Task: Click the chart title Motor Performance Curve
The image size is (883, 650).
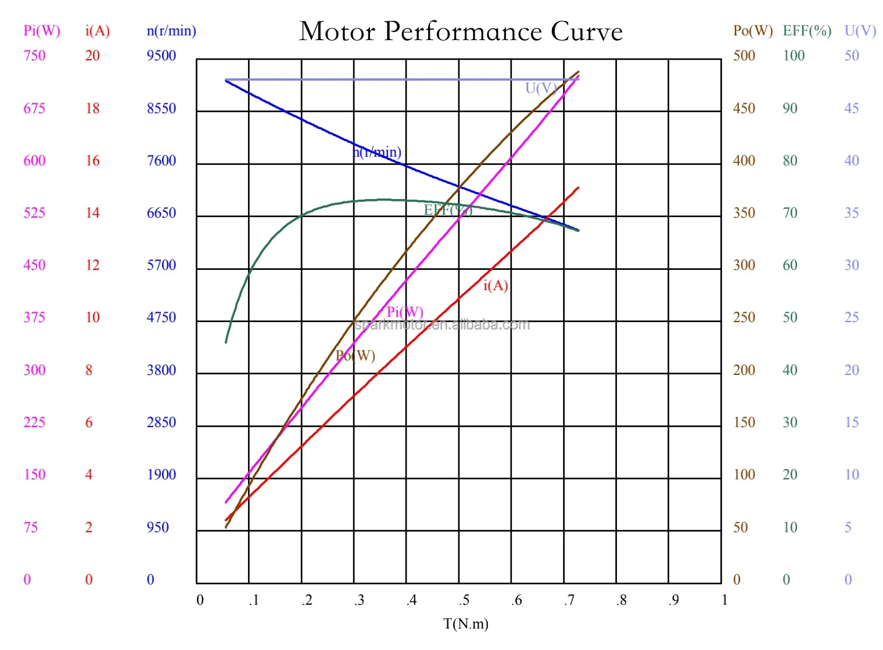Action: click(x=461, y=31)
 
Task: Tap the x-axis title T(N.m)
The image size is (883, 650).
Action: click(x=465, y=624)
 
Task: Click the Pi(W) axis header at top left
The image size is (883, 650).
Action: click(x=42, y=31)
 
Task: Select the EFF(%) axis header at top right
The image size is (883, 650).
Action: click(x=807, y=31)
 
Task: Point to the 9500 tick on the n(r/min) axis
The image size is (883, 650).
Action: click(x=161, y=56)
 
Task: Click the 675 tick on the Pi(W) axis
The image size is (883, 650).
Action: click(x=34, y=109)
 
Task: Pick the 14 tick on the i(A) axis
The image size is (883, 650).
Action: click(x=92, y=213)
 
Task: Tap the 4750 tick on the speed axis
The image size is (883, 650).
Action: click(x=161, y=317)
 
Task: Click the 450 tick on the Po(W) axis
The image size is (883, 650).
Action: click(x=744, y=109)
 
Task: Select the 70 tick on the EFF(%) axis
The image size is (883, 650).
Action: click(x=790, y=213)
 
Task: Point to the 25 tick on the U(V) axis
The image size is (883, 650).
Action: click(x=852, y=317)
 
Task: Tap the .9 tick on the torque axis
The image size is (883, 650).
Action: click(x=673, y=600)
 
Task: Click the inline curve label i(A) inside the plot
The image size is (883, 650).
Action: click(x=496, y=286)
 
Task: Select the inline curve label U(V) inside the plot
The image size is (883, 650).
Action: click(x=541, y=88)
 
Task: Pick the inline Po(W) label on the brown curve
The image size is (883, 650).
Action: click(x=356, y=356)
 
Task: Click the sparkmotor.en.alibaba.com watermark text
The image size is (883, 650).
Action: click(x=442, y=324)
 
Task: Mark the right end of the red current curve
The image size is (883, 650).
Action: click(x=579, y=187)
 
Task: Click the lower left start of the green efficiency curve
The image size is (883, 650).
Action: click(x=226, y=342)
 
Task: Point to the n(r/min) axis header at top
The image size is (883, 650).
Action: click(x=171, y=31)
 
